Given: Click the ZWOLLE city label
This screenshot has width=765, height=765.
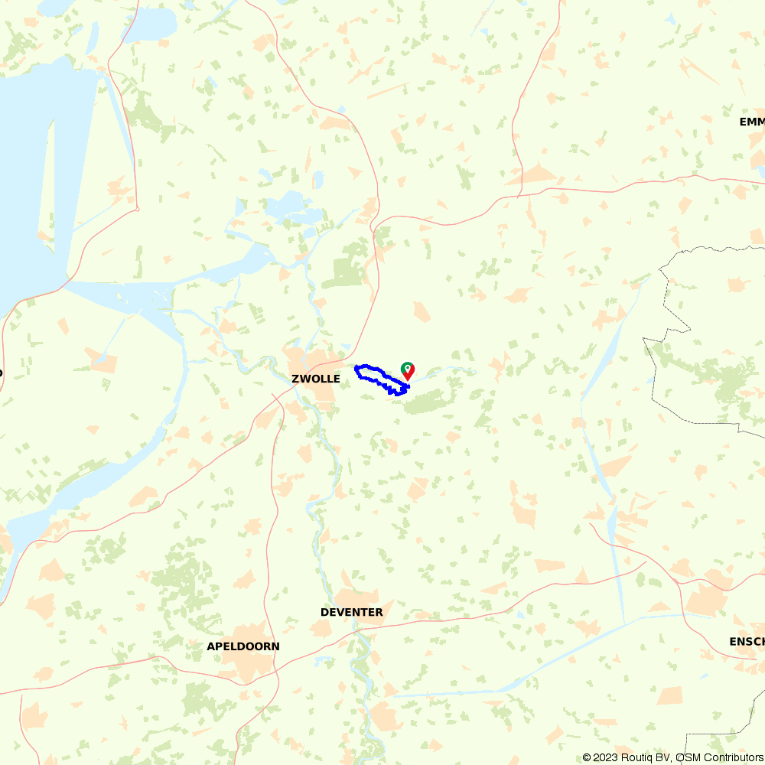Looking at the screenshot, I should (315, 379).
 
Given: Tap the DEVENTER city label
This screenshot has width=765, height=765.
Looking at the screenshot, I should (351, 612).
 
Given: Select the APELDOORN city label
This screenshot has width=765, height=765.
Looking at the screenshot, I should (243, 646).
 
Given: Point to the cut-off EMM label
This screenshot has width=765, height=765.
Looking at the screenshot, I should (752, 122).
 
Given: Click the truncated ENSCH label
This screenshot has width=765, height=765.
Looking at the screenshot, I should (747, 641).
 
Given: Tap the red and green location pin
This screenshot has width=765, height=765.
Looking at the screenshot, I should (409, 370).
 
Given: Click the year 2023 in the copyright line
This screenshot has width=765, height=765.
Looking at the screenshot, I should (608, 757).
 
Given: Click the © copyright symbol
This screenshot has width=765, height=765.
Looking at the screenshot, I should (587, 757).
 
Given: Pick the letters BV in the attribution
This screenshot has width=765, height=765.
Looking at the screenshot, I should (663, 757).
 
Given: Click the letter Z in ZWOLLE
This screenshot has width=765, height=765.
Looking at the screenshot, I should (295, 379).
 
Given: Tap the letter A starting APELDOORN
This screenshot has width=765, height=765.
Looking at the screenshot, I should (210, 646).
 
